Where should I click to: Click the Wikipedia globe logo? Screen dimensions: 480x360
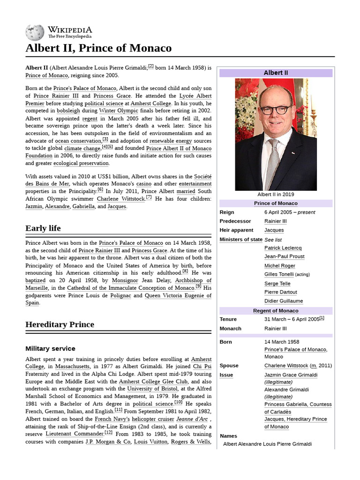click(x=35, y=32)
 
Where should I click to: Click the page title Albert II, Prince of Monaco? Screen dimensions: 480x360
click(x=98, y=48)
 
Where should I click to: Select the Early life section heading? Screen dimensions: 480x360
click(x=43, y=228)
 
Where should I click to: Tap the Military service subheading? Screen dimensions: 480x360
click(x=50, y=349)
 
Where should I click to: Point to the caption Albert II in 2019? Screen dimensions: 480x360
click(x=276, y=195)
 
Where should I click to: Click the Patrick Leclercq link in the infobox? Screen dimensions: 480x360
click(x=283, y=248)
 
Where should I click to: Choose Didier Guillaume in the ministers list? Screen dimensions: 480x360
click(x=284, y=301)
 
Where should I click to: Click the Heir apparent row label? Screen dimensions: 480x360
click(x=236, y=230)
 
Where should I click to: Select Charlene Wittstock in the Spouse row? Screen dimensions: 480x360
click(x=286, y=366)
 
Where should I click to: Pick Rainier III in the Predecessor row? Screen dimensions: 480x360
click(x=275, y=221)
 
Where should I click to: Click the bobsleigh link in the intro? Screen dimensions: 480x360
click(x=68, y=111)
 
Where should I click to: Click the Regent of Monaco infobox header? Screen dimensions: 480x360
click(x=276, y=311)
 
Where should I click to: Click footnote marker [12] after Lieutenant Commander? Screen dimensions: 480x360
click(x=108, y=432)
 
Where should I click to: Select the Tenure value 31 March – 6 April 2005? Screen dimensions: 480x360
click(x=291, y=319)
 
